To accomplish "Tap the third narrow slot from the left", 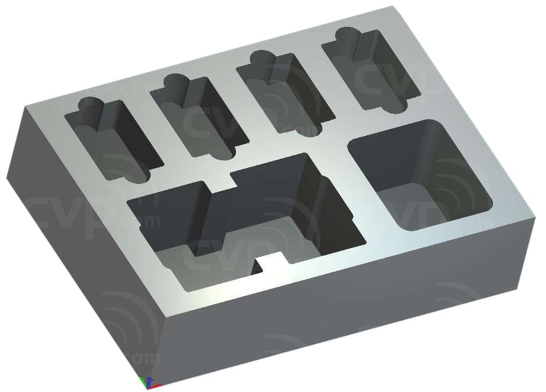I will coord(282,92).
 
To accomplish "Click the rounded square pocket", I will coord(420,175).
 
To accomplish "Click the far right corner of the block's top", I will coord(535,218).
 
